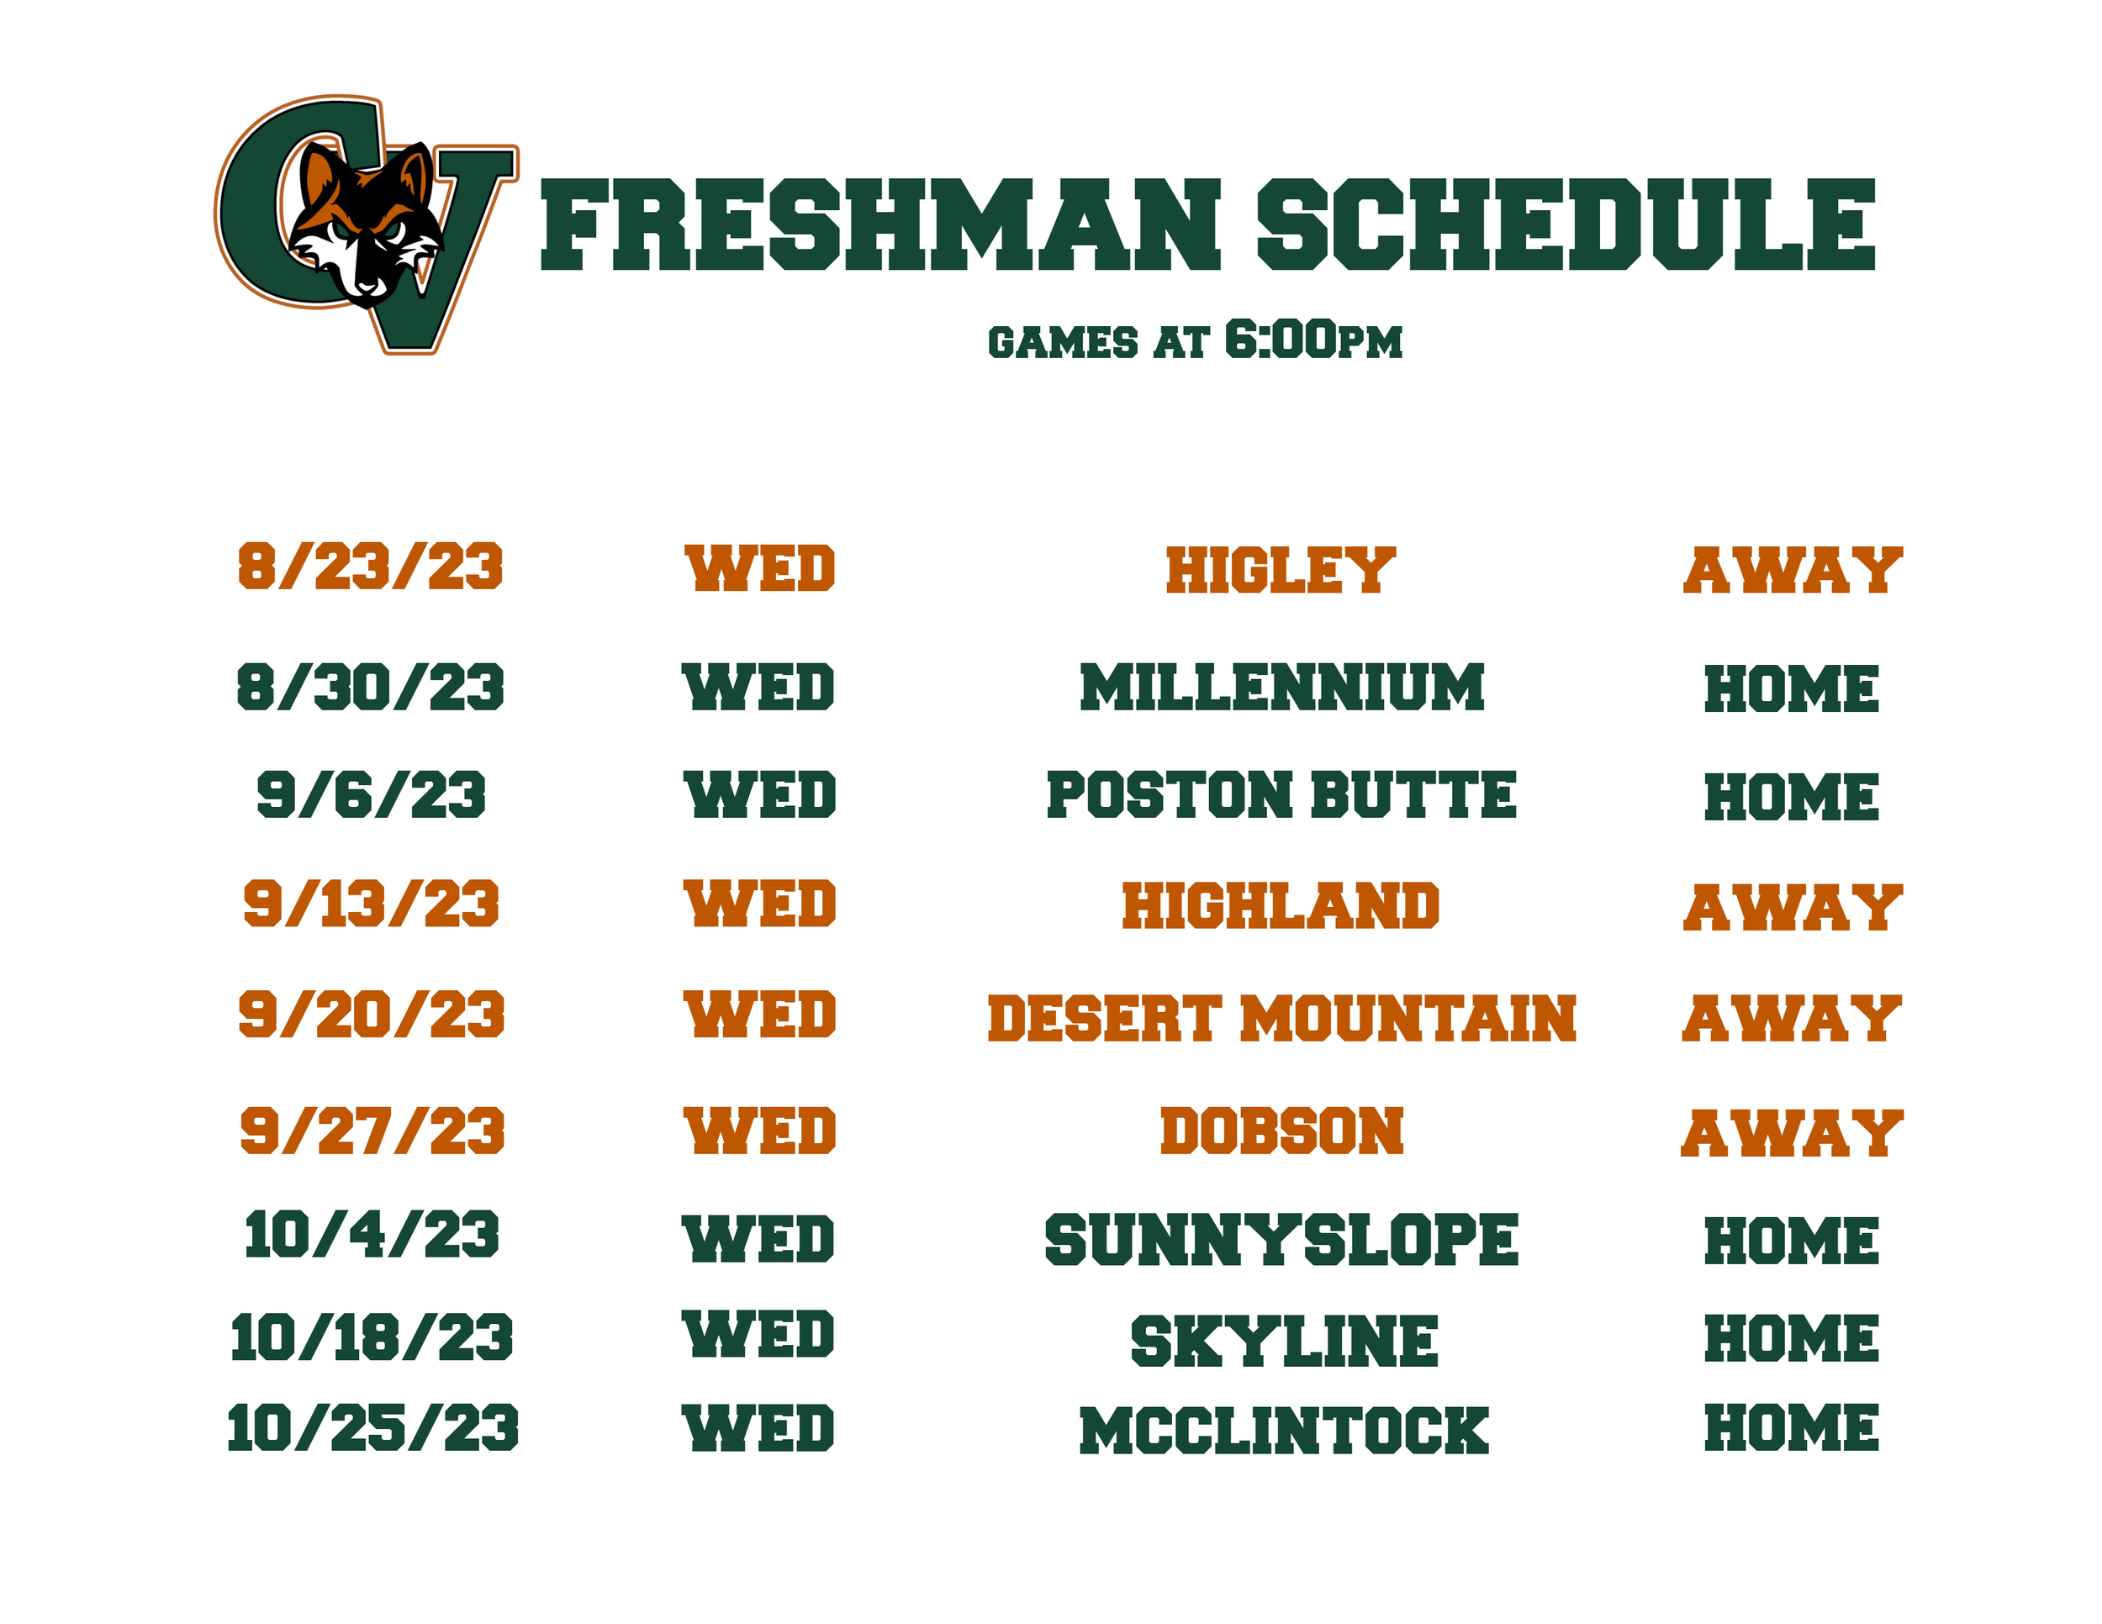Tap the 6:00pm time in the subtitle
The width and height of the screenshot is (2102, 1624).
pos(1312,340)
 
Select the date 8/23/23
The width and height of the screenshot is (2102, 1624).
pos(371,567)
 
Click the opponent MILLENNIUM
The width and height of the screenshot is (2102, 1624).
pos(1282,688)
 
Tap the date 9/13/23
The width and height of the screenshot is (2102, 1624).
pos(371,904)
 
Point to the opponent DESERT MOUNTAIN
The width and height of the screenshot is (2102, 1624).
pos(1282,1019)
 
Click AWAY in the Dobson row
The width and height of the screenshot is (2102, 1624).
pos(1792,1133)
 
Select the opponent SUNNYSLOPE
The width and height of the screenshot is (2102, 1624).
pos(1281,1240)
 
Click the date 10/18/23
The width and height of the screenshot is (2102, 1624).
pos(372,1338)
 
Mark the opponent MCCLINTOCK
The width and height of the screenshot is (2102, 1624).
pos(1284,1431)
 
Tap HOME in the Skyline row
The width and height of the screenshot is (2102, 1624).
pos(1791,1338)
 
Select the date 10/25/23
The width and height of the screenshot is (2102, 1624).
pos(372,1428)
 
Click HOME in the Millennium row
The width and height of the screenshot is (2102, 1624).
pos(1791,688)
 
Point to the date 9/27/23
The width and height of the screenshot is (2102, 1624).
pos(372,1131)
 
